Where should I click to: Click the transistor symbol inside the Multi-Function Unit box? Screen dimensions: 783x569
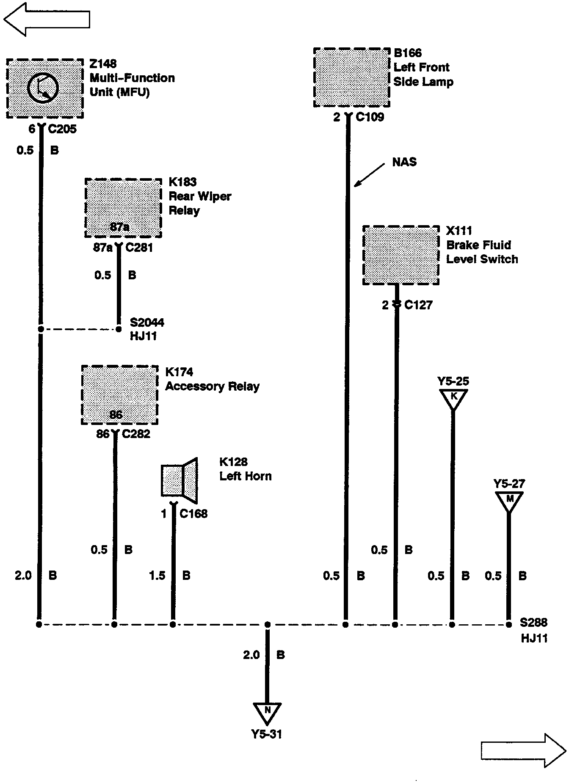coord(42,88)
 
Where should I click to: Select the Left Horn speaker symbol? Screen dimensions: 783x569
coord(180,480)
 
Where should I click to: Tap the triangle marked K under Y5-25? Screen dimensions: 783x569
coord(453,398)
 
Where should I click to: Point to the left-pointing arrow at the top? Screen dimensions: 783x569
coord(47,19)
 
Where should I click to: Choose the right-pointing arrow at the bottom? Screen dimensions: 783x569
coord(523,750)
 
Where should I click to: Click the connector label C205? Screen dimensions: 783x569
coord(62,129)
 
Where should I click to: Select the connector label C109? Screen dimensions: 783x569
coord(370,117)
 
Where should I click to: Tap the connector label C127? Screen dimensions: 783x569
coord(418,305)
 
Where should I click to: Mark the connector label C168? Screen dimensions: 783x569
coord(193,514)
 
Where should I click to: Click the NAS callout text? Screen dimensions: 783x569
coord(404,162)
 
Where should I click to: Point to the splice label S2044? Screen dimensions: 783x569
coord(147,323)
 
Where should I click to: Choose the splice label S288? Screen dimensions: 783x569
coord(533,623)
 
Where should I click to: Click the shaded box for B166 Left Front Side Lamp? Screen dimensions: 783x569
coord(351,77)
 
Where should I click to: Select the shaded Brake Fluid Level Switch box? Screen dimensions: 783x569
coord(401,255)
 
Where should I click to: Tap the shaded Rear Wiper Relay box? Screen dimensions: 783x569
coord(123,207)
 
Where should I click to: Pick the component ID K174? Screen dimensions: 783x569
coord(179,372)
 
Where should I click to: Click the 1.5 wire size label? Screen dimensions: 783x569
coord(157,576)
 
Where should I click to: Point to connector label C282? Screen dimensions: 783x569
coord(136,434)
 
